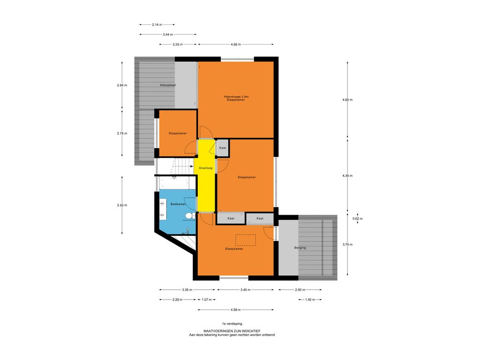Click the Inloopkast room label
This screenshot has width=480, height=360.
tap(168, 85)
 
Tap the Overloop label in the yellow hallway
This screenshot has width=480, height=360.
tap(206, 168)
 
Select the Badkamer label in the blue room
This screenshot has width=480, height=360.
tap(178, 204)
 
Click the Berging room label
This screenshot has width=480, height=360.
tap(300, 247)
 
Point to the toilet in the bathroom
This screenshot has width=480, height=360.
tap(190, 216)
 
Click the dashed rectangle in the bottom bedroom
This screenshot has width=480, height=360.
tap(246, 240)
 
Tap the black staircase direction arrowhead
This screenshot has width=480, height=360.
tap(191, 167)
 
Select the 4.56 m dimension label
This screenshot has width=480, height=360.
tap(236, 45)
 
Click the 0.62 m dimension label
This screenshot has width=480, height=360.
tap(358, 218)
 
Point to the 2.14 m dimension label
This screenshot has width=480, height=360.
tap(157, 24)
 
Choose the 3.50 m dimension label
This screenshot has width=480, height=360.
tap(122, 205)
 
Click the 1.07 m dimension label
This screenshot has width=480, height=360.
tap(207, 300)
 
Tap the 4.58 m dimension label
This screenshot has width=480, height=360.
tap(236, 310)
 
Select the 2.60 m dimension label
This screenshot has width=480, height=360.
tap(300, 290)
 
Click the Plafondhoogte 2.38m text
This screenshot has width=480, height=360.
tap(236, 97)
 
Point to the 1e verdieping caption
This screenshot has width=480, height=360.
tap(232, 323)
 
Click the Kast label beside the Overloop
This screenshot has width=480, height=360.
tap(223, 148)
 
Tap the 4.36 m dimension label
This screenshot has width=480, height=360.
tap(347, 176)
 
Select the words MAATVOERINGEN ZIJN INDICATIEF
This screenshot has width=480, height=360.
tap(232, 331)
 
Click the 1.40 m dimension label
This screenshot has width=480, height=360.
tap(310, 300)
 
